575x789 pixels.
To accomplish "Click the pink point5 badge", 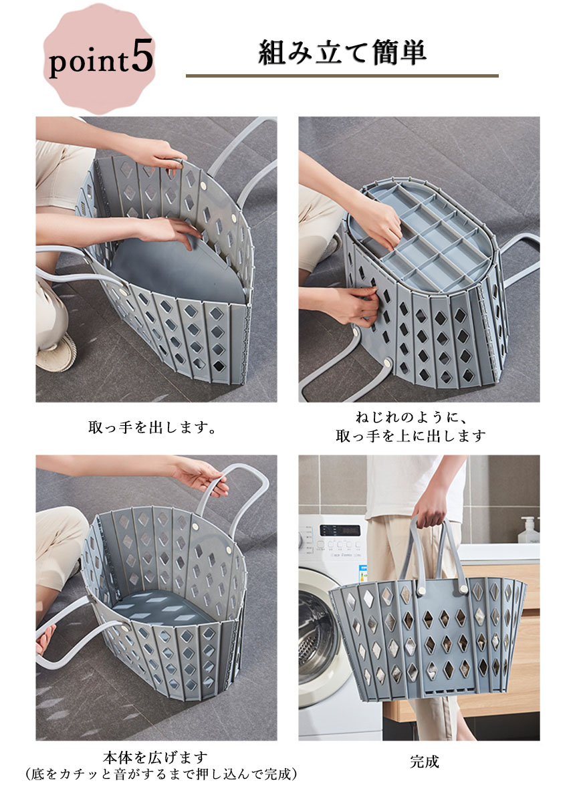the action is pyautogui.click(x=100, y=58).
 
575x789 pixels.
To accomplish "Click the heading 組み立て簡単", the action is pyautogui.click(x=342, y=52).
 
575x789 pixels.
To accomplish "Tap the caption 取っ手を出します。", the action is pyautogui.click(x=152, y=428).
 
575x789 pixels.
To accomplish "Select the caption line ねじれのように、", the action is pyautogui.click(x=411, y=417).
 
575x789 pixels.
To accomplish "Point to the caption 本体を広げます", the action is pyautogui.click(x=155, y=757).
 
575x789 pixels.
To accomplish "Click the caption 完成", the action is pyautogui.click(x=425, y=762).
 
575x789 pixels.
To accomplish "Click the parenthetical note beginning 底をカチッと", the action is pyautogui.click(x=161, y=774).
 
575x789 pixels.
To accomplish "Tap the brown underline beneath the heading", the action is pyautogui.click(x=342, y=76).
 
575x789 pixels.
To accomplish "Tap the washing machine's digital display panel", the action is pyautogui.click(x=340, y=530).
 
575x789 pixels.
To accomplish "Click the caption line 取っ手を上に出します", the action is pyautogui.click(x=411, y=436).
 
